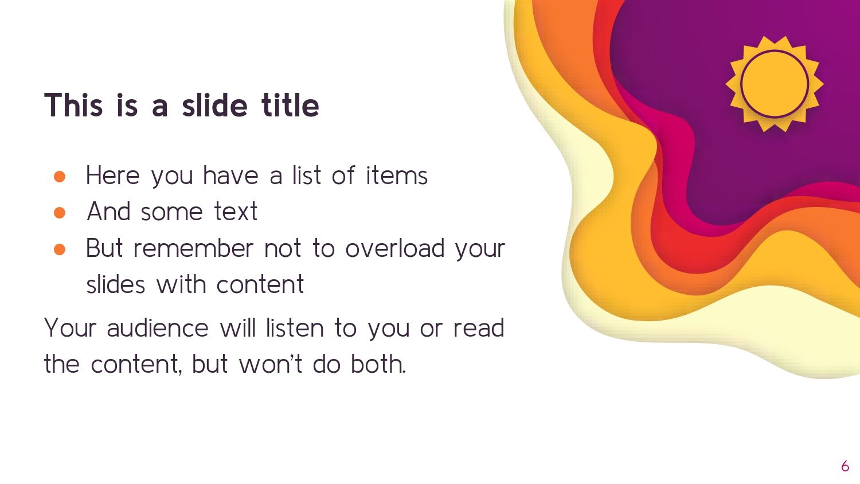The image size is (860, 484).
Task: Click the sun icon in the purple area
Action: (775, 84)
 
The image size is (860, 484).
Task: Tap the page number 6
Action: (845, 466)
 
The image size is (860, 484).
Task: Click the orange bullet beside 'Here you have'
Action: (60, 177)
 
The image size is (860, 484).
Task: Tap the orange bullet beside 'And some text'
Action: (60, 213)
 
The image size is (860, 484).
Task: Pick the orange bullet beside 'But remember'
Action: (60, 249)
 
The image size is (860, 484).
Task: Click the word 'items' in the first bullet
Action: (397, 175)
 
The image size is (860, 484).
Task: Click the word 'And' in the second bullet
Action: (109, 211)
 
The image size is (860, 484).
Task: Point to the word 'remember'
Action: (194, 248)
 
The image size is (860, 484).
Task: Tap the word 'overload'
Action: (394, 248)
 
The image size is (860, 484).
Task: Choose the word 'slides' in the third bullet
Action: (116, 284)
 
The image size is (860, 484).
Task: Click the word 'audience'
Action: (158, 328)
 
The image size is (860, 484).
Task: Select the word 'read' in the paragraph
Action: (479, 328)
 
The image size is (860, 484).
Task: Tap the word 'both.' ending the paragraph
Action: (378, 364)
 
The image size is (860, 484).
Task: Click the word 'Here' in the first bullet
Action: (113, 175)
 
